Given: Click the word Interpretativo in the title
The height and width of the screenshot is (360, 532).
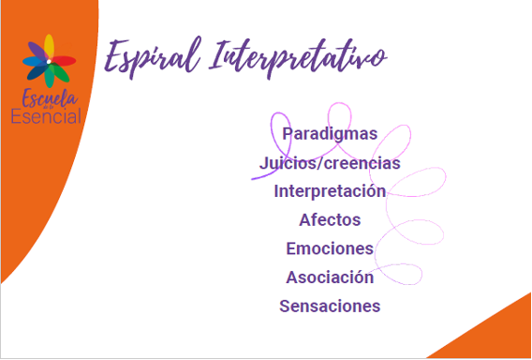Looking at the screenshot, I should pos(300,56).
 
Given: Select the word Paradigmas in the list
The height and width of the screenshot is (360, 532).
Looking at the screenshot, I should pos(330,133).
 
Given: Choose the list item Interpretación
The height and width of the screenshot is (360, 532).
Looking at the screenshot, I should pos(330,191).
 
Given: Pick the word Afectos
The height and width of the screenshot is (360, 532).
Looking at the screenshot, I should pos(330,220).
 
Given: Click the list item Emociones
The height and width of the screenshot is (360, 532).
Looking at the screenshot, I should pos(330,248).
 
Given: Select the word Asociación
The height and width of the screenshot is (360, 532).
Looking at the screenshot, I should pos(330,277).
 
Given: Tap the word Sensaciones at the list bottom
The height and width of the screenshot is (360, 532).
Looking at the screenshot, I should pos(330,306).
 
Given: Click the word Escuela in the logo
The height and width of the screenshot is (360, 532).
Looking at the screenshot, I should pos(46,97).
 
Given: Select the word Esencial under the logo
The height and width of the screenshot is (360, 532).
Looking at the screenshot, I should pos(46,116).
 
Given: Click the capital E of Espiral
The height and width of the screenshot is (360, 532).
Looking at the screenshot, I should pos(116,55).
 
